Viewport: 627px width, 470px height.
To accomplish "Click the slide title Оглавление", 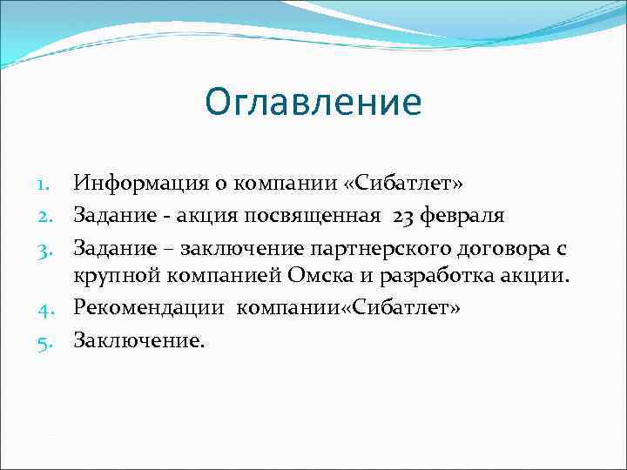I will [313, 103].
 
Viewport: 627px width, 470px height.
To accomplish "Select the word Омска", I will [295, 278].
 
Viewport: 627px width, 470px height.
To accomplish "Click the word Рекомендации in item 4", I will [150, 307].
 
